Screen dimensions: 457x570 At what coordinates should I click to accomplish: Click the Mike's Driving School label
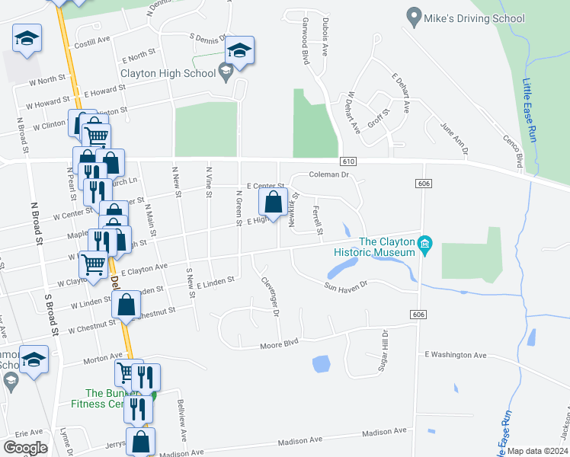coord(476,18)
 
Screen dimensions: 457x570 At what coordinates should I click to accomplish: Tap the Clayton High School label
coord(168,74)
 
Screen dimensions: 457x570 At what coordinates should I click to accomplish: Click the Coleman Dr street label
coord(328,175)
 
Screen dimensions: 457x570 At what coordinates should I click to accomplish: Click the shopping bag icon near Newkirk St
coord(273,203)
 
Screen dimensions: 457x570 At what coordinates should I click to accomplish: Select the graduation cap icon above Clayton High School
coord(239,50)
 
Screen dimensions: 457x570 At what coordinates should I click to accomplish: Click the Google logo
coord(25,448)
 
